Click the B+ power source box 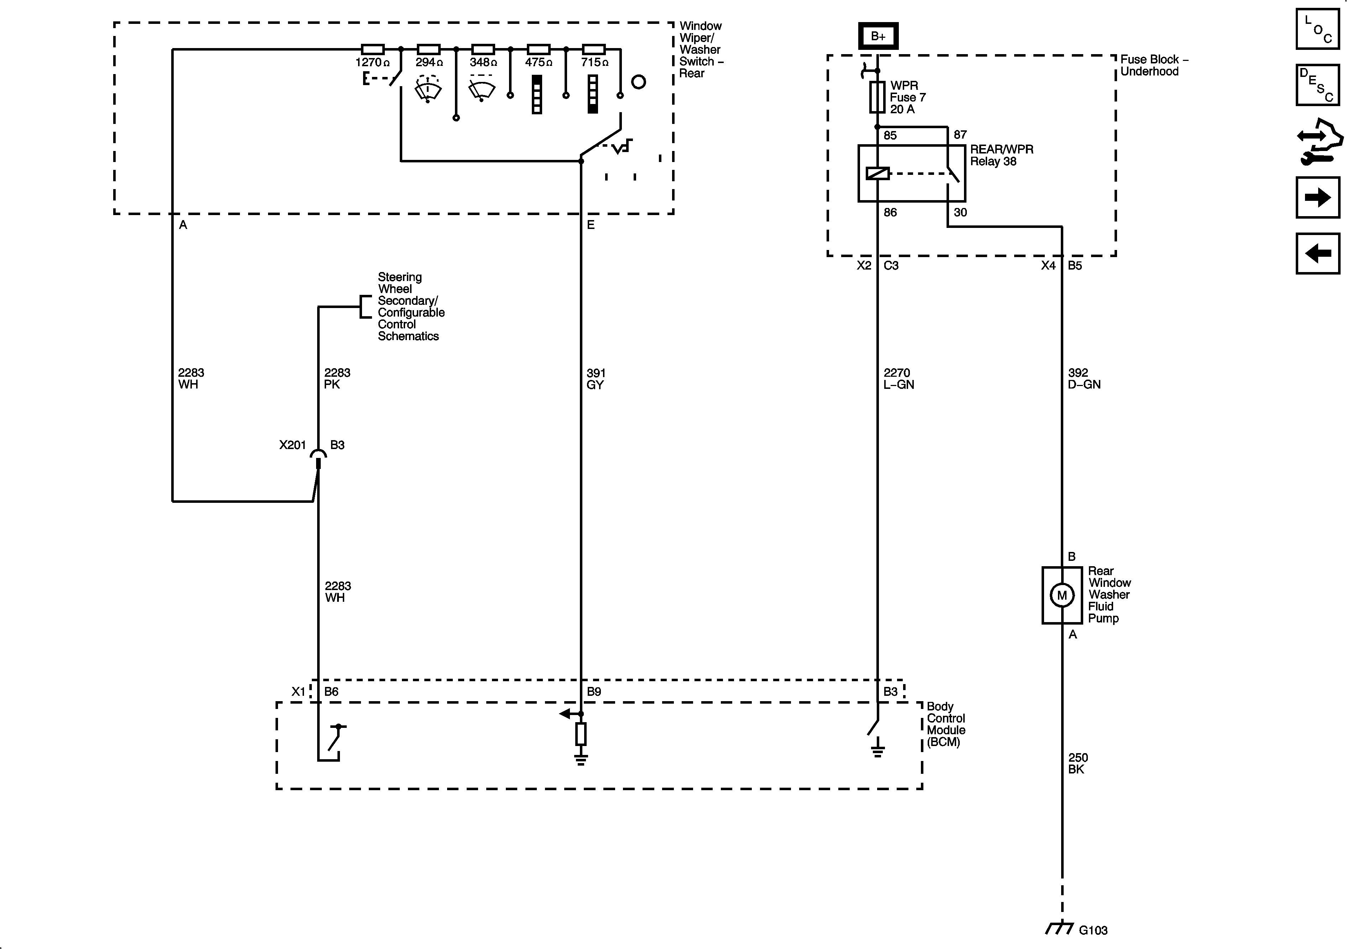point(878,36)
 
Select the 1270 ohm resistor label point(373,62)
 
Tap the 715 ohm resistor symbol point(594,49)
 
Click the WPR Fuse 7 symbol point(877,97)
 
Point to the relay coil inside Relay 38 point(878,173)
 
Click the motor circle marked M point(1062,595)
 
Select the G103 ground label point(1093,930)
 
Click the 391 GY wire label point(596,379)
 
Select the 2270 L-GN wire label point(898,379)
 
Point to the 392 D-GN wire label point(1084,379)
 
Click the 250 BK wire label point(1078,763)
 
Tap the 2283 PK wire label point(337,379)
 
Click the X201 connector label point(292,445)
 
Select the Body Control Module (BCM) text point(946,724)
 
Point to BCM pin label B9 point(594,691)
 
